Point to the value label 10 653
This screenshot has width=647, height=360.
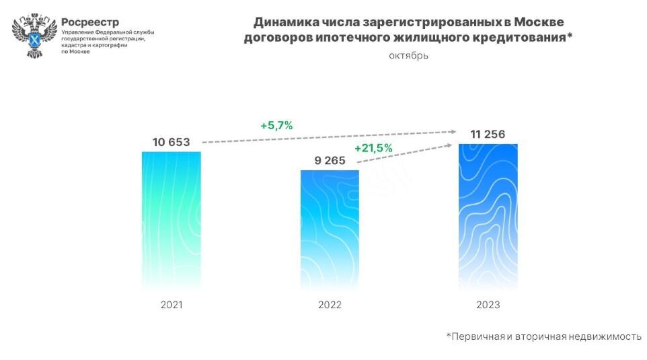tap(171, 142)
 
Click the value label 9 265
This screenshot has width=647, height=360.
tap(330, 160)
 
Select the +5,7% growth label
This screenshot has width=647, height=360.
tap(276, 125)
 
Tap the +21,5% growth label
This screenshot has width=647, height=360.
tap(373, 148)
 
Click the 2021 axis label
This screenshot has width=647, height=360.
tap(172, 304)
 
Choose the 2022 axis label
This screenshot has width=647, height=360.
tap(330, 305)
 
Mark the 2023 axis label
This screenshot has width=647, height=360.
tap(488, 304)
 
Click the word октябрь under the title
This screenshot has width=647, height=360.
tap(408, 55)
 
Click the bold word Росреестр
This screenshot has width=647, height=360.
tap(89, 22)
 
